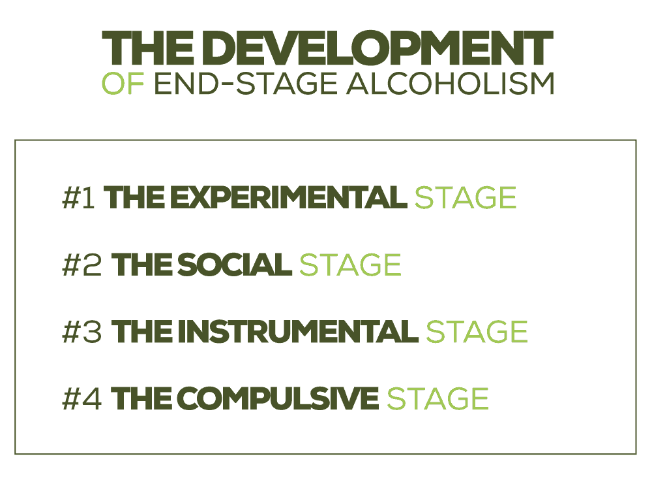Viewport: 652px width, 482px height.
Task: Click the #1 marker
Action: coord(79,198)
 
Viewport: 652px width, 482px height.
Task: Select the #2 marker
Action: coord(82,265)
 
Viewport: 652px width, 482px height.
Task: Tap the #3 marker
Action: coord(82,332)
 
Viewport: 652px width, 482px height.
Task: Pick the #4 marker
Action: coord(82,399)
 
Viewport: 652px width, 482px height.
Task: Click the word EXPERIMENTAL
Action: coord(280,198)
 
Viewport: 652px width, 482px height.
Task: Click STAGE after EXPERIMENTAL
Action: coord(465,198)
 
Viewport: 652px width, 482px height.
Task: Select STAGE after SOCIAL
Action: coord(350,265)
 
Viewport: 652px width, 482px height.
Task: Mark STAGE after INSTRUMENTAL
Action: coord(476,332)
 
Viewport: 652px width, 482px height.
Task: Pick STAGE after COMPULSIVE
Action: coord(437,399)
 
